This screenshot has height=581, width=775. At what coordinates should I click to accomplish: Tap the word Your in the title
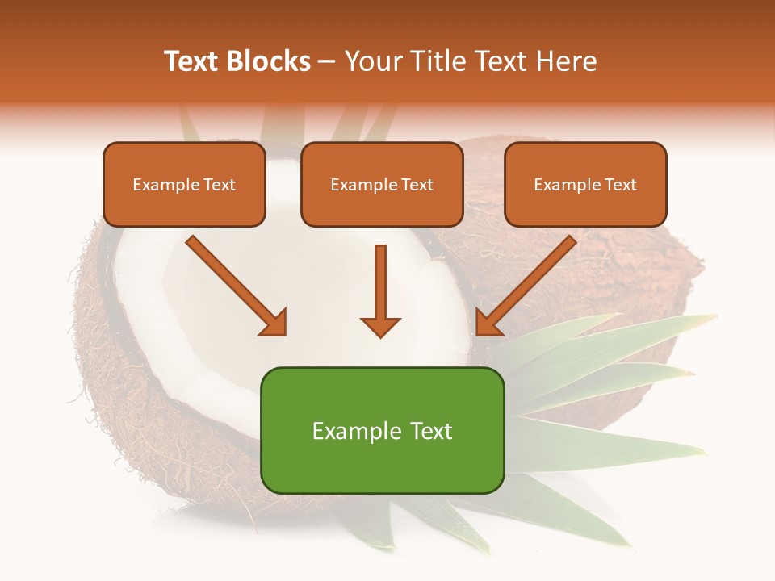click(x=372, y=61)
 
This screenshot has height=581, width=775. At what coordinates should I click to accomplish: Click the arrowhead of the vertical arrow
click(x=380, y=326)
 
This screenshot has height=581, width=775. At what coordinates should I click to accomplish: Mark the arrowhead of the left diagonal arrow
click(x=274, y=322)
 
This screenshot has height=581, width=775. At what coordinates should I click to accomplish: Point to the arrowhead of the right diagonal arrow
click(x=488, y=322)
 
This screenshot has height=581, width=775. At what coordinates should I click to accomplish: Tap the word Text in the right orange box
click(x=620, y=185)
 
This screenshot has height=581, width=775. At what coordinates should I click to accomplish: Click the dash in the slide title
click(x=327, y=62)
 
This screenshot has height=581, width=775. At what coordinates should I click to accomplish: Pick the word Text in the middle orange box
click(x=417, y=185)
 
